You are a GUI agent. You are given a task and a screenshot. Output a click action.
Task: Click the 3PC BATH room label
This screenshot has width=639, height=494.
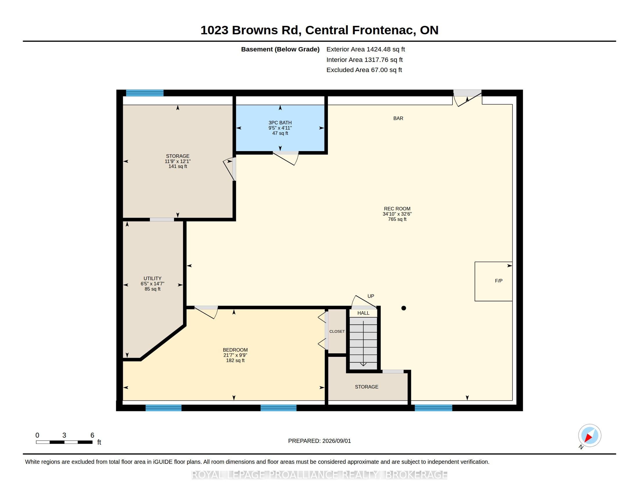coord(280,123)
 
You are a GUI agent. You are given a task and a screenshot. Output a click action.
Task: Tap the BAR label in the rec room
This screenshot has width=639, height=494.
coord(398,118)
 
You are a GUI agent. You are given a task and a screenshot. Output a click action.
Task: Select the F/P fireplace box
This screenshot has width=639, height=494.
coord(493,281)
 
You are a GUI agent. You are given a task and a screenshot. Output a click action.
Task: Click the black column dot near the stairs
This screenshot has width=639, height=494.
coord(403,308)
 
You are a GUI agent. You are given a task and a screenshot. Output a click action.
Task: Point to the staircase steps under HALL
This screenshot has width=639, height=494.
coord(363,343)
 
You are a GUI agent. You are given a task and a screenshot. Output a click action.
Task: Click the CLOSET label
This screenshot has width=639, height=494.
coord(337,331)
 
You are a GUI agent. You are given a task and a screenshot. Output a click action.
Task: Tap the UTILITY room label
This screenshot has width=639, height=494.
coord(152,278)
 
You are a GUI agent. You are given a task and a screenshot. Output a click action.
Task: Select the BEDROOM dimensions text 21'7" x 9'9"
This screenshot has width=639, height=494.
coord(235,355)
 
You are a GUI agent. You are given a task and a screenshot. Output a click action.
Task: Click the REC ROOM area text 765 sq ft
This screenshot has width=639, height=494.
coord(397,219)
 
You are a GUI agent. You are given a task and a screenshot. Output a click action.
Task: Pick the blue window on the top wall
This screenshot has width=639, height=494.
coord(145,93)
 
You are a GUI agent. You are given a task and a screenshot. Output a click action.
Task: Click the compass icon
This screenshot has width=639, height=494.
coord(590,436)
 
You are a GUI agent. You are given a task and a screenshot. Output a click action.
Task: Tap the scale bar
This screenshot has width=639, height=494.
coord(64,442)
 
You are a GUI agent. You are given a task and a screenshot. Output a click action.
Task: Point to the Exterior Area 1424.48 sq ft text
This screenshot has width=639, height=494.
coord(365,49)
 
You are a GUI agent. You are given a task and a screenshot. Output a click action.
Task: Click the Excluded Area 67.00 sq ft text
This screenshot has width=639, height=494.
coord(364,70)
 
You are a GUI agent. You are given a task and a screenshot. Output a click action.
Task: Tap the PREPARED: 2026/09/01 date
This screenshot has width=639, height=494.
coord(319,441)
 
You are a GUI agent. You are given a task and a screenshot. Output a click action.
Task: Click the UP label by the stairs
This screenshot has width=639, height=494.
coord(371,296)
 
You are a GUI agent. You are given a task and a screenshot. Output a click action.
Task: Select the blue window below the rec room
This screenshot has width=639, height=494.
coord(433,408)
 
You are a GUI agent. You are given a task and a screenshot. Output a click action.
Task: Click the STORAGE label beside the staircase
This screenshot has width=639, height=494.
coord(367,387)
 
